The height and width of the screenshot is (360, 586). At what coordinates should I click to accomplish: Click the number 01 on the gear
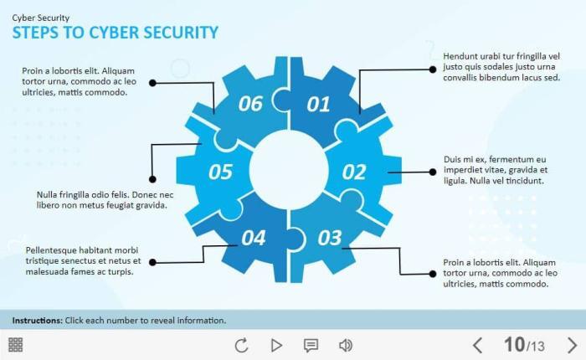click(x=318, y=105)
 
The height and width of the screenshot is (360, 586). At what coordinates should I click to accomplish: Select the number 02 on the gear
click(x=354, y=172)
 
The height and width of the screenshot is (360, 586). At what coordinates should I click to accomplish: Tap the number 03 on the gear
click(x=330, y=238)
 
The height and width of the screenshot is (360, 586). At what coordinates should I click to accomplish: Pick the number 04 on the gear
click(x=254, y=238)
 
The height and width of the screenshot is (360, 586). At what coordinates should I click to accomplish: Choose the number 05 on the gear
click(x=220, y=172)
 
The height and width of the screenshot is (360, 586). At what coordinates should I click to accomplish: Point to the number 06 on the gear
click(x=250, y=104)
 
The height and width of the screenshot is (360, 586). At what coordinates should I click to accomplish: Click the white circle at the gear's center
click(x=289, y=170)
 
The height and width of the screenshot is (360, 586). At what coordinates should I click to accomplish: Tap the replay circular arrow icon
click(x=241, y=345)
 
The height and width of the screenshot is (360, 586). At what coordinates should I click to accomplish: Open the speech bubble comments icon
click(x=311, y=346)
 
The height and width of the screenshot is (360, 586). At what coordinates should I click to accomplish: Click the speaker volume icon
click(x=345, y=346)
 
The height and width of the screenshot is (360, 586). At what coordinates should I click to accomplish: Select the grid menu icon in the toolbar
click(x=15, y=345)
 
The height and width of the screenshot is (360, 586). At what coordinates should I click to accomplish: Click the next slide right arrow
click(x=572, y=345)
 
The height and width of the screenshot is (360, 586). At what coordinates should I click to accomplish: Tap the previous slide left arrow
click(x=477, y=345)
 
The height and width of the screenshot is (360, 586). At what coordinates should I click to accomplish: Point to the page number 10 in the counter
click(x=514, y=344)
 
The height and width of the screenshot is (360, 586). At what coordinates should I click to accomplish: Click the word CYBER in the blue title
click(x=114, y=33)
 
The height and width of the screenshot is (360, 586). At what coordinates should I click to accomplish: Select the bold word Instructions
click(x=37, y=321)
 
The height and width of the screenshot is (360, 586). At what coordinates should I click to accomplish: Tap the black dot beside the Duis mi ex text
click(x=433, y=172)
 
